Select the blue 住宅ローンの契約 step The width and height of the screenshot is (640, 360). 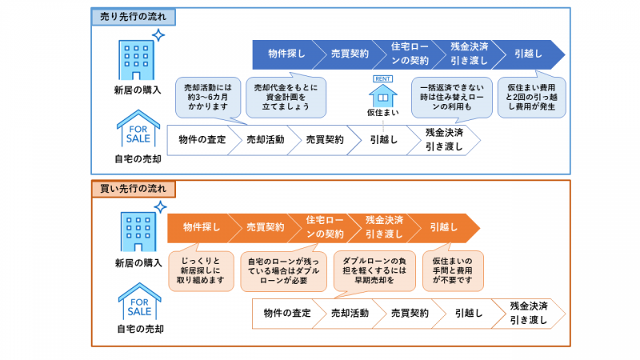coord(410,54)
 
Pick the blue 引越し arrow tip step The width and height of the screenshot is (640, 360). coord(529,54)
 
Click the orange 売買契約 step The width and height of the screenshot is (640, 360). coord(265,227)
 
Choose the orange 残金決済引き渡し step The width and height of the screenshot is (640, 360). coord(384,227)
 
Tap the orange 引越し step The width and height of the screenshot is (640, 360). coord(444,227)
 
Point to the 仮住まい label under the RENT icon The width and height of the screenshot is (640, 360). coord(382,113)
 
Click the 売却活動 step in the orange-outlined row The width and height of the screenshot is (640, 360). coord(350,314)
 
